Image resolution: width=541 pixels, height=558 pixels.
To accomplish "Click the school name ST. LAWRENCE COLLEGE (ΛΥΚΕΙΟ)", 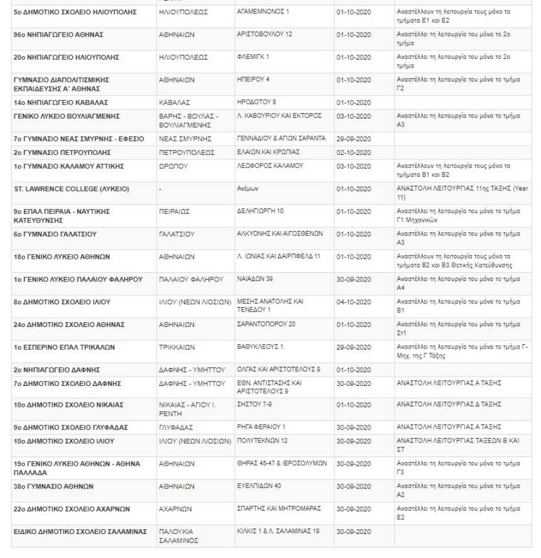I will (71, 189).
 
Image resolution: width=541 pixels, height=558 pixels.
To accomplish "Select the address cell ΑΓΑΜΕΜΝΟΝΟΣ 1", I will (263, 12).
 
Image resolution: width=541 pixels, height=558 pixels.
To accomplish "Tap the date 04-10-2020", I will (353, 302).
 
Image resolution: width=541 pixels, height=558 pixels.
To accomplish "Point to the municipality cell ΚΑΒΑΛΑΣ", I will (175, 103).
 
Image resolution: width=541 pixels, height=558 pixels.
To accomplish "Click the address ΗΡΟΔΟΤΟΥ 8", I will (256, 102).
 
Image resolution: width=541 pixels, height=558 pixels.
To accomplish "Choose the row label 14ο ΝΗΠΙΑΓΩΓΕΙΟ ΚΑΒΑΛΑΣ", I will (61, 103).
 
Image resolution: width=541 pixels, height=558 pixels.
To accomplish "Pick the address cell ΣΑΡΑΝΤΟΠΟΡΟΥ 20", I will (266, 324).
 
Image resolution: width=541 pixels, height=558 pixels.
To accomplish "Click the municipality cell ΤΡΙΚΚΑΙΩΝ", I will (176, 347).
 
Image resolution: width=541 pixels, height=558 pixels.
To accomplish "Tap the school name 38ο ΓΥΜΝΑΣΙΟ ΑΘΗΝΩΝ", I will (53, 486).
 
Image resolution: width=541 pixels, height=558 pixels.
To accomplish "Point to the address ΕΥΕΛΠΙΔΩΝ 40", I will (259, 486).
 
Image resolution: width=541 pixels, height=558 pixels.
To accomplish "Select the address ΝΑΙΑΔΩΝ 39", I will (255, 279).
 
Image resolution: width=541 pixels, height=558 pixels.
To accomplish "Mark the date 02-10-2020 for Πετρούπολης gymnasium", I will (353, 152).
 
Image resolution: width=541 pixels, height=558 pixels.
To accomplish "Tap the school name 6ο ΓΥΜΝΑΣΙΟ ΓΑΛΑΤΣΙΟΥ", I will (55, 234).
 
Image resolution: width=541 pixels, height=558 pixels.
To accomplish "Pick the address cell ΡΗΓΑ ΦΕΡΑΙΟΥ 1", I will (261, 427).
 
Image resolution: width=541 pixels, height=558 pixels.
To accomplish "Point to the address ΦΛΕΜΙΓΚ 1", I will (253, 57).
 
